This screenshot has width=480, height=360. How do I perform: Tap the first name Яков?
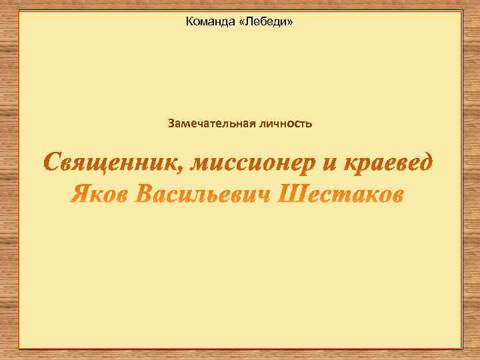pyautogui.click(x=99, y=195)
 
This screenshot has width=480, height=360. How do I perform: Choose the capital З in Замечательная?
pyautogui.click(x=172, y=123)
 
